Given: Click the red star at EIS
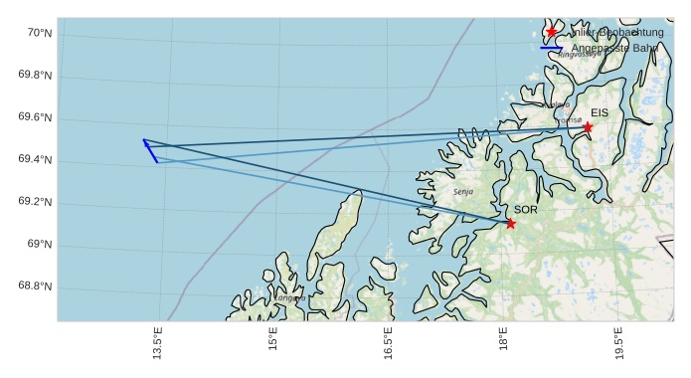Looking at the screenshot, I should [588, 127].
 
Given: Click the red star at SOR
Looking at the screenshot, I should [510, 223].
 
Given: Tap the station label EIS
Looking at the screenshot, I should [599, 113].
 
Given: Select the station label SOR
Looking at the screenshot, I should [525, 210].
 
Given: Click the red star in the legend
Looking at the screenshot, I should [552, 32].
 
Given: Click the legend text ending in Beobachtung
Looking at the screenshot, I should [616, 32].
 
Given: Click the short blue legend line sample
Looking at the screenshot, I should [552, 48].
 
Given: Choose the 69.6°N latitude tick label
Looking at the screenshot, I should [35, 117].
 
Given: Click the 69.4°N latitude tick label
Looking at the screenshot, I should [35, 160].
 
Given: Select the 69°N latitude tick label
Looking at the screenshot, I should [39, 245].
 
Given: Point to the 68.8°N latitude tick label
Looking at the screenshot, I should [35, 286].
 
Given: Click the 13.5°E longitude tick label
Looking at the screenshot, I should [158, 342].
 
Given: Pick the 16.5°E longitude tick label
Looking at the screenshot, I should [389, 342].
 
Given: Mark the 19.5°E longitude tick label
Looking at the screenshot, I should [619, 342].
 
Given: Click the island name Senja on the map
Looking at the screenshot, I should [463, 191].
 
